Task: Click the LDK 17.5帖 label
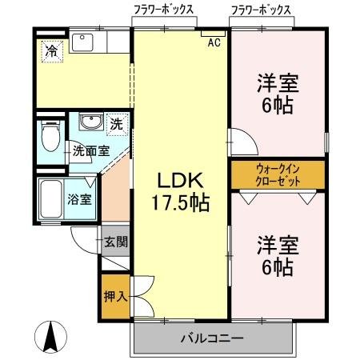click(x=182, y=191)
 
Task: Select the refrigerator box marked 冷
click(x=50, y=50)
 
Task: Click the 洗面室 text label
click(x=89, y=150)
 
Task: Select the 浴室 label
click(x=82, y=199)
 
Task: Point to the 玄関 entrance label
click(x=116, y=241)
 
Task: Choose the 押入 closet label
click(x=115, y=297)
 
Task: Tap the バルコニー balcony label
click(x=212, y=338)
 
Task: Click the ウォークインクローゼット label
click(x=278, y=174)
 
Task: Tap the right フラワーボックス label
click(x=261, y=10)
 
